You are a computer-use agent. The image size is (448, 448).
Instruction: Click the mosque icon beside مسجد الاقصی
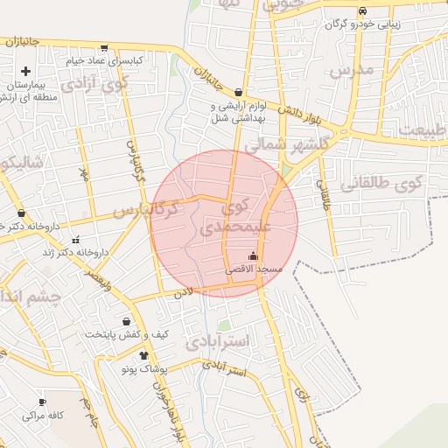tap(254, 255)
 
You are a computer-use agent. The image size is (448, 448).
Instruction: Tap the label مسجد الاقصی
tap(254, 269)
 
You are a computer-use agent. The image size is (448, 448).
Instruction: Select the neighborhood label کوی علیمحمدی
tap(230, 219)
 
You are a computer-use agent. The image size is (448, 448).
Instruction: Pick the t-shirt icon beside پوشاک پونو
tap(143, 355)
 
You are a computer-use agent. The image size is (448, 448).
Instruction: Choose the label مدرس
tap(353, 69)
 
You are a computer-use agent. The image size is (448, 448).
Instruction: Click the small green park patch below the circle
tap(225, 325)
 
